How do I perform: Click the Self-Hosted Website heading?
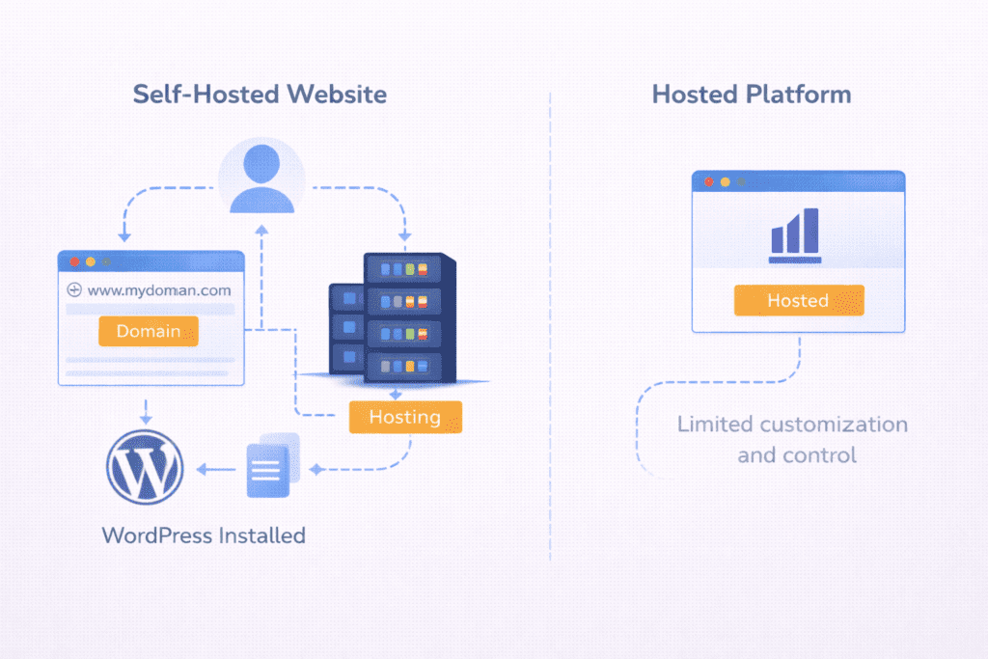[x=260, y=95]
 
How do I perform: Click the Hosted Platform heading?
[x=752, y=95]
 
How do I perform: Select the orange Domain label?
[x=148, y=331]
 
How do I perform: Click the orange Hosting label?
[x=405, y=418]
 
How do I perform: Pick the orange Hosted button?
[x=798, y=300]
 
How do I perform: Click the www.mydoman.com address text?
[x=159, y=289]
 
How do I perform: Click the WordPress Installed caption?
[x=204, y=535]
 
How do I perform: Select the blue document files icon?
[x=271, y=467]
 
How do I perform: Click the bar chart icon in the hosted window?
[x=795, y=235]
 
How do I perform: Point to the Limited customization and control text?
[x=792, y=439]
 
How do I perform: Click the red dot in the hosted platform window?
[x=709, y=181]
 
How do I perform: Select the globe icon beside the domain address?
[x=74, y=289]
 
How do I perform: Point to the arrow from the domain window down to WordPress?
[x=145, y=409]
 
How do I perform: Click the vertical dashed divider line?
[x=550, y=328]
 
